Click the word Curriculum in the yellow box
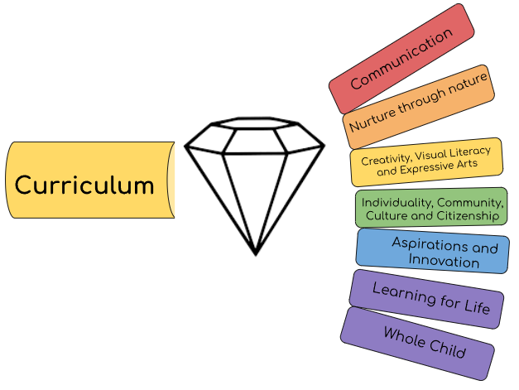point(84,185)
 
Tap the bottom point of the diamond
point(255,253)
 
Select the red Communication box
point(401,58)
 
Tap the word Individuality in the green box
point(393,202)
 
